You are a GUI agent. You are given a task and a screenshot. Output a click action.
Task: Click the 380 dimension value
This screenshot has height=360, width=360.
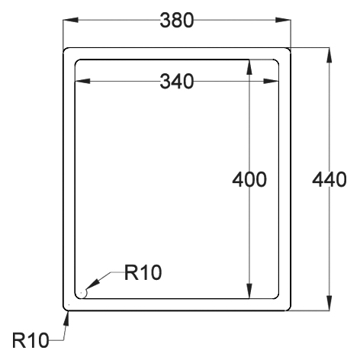point(176,20)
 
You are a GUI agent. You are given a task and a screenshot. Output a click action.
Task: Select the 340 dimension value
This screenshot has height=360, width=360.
point(176,80)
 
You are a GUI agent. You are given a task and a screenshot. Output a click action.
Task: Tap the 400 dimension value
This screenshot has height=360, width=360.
point(249,181)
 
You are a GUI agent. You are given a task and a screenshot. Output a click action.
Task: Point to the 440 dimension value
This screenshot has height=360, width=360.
point(329,181)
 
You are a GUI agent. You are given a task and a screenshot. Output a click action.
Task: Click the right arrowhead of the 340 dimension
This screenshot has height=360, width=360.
point(275,80)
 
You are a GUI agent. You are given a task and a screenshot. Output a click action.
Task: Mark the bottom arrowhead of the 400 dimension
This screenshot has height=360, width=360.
point(250,294)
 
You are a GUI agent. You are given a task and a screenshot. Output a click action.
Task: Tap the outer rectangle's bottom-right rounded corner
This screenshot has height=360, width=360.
point(289,308)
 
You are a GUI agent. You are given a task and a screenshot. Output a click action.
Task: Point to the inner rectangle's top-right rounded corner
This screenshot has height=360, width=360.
point(278,62)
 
